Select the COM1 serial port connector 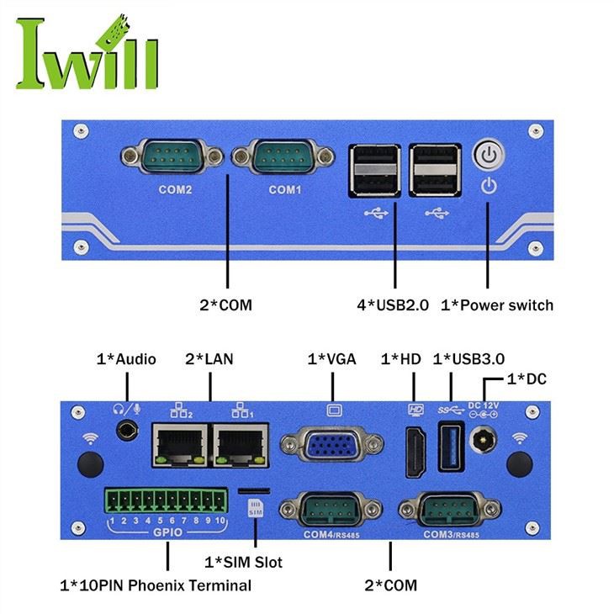[284, 156]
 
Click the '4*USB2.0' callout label [393, 304]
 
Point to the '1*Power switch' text [497, 304]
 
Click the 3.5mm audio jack [127, 431]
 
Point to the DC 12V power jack [483, 440]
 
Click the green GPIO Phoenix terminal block [167, 502]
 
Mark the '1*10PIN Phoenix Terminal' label [156, 585]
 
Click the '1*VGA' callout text [331, 359]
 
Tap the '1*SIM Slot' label [244, 562]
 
